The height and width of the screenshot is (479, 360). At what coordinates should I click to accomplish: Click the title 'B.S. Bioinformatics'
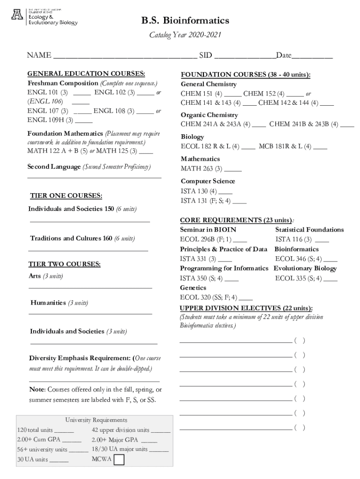pos(186,21)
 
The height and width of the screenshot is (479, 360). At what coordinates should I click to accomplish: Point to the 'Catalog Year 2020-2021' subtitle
pos(185,36)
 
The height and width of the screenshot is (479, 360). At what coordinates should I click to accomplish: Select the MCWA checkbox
pos(119,460)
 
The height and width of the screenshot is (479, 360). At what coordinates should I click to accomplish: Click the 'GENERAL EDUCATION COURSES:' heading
pos(86,74)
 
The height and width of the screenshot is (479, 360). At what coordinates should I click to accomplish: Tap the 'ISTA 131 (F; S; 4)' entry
pos(206,201)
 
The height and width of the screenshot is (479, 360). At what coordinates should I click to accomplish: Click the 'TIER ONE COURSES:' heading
pos(66,196)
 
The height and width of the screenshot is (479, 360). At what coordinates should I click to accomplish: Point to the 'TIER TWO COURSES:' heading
pos(65,264)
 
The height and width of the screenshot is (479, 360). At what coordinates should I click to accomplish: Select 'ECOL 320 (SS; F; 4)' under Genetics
pos(209,298)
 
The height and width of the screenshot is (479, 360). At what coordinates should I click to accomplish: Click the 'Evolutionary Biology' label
pos(305,269)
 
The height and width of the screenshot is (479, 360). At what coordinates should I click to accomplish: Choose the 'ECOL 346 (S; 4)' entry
pos(298,259)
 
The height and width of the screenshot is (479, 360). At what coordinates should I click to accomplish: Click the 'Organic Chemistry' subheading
pos(209,115)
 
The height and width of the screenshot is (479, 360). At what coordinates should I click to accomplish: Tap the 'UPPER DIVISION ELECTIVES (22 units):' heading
pos(246,308)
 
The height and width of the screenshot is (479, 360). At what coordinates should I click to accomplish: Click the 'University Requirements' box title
pos(96,420)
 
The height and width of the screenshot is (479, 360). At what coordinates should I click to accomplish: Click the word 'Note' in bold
pos(37,390)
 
